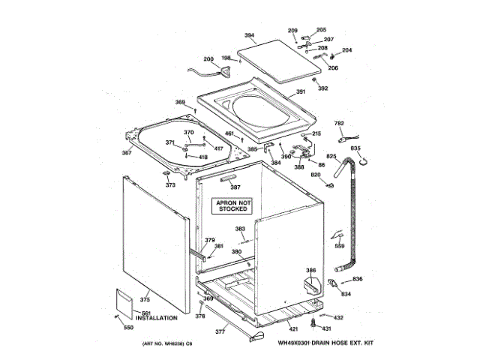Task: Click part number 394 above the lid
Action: point(250,35)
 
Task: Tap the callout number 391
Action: point(301,92)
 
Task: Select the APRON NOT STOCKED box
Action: point(234,206)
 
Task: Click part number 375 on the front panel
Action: point(145,300)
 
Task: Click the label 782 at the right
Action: point(339,124)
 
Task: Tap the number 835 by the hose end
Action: point(355,148)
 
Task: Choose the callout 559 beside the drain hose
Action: point(340,247)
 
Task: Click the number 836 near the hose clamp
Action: point(358,280)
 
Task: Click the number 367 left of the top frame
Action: point(127,153)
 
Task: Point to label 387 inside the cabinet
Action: point(235,187)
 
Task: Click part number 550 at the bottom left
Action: point(128,328)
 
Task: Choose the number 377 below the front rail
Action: point(220,331)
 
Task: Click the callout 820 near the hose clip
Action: point(316,175)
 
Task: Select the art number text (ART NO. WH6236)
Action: point(163,343)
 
